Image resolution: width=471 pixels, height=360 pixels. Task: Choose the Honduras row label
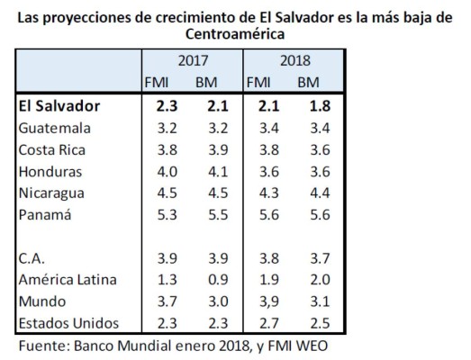50,171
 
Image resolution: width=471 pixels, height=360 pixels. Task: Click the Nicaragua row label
52,193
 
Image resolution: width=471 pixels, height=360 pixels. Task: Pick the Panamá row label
46,214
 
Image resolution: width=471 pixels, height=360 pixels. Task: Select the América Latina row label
66,279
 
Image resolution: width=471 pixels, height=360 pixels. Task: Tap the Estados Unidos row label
69,322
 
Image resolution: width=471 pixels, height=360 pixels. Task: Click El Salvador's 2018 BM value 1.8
309,106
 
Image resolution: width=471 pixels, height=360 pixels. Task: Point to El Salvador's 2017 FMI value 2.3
168,106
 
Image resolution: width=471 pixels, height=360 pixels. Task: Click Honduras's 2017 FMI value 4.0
168,171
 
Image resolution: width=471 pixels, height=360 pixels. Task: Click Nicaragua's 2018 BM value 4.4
309,193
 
